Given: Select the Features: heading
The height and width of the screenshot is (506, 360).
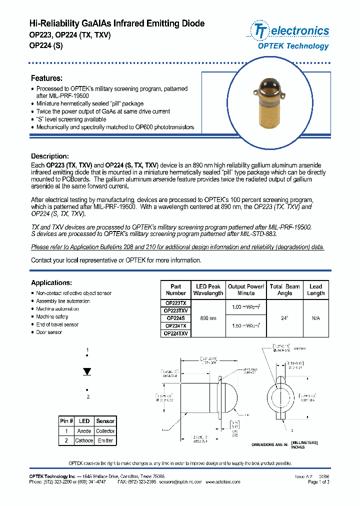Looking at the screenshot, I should point(46,78).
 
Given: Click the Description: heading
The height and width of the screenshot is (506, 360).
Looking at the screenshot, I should point(49,156).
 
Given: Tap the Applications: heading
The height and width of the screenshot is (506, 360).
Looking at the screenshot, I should point(51,282).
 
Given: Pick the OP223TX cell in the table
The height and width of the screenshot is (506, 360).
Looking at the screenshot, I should point(175,303).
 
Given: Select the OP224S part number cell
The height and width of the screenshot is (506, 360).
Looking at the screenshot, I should point(175,318).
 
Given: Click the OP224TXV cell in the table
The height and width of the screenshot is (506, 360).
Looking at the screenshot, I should point(175,333).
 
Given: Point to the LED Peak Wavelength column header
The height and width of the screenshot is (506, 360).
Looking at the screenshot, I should point(208,290).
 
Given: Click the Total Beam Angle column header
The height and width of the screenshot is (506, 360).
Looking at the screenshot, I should point(284,290).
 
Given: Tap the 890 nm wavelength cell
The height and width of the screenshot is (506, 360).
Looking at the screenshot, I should point(208,318).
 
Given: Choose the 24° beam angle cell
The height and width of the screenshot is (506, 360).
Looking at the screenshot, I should point(284,318).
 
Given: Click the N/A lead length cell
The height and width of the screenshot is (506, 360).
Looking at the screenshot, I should point(315,318).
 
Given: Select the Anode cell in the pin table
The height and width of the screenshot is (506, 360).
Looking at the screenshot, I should point(84,430).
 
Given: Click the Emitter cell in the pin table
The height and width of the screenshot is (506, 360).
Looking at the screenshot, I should point(105,440).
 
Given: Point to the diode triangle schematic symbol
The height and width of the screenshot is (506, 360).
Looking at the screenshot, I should point(87,371).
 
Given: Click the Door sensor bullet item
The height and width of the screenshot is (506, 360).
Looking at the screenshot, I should point(49,332).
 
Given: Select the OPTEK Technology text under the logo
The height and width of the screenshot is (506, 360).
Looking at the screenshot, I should point(293,46).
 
